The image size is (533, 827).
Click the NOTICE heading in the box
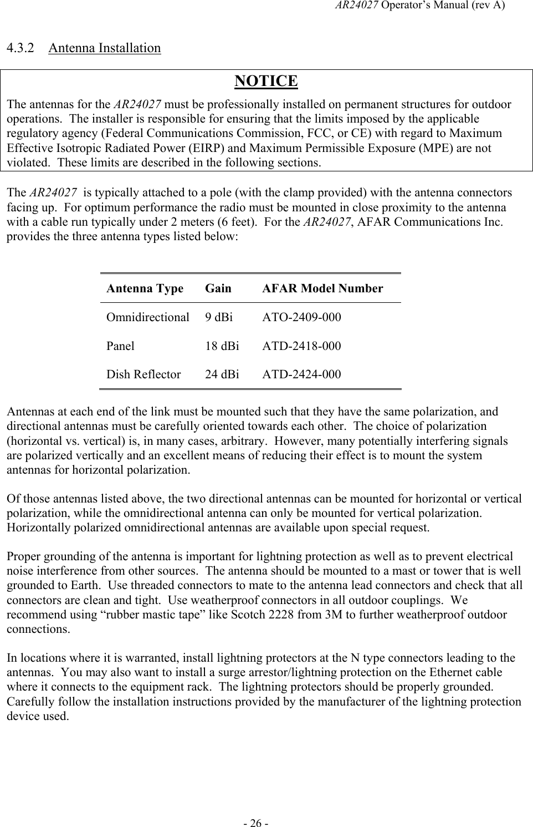pyautogui.click(x=266, y=81)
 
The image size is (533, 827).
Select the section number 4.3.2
pyautogui.click(x=21, y=48)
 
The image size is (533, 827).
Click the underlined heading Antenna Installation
pyautogui.click(x=105, y=48)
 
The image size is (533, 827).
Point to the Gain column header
pyautogui.click(x=218, y=288)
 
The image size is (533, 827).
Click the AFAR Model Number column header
pyautogui.click(x=322, y=288)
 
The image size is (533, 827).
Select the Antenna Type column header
pyautogui.click(x=145, y=288)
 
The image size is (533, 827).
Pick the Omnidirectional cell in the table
pyautogui.click(x=148, y=317)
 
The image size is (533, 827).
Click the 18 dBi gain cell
pyautogui.click(x=222, y=346)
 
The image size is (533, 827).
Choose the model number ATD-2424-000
pyautogui.click(x=301, y=374)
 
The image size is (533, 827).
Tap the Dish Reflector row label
pyautogui.click(x=143, y=374)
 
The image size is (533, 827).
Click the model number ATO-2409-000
pyautogui.click(x=301, y=317)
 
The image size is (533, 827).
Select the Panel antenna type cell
pyautogui.click(x=120, y=346)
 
